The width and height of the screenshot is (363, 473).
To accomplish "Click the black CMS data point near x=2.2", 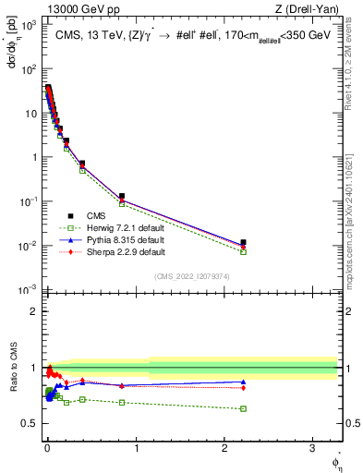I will pyautogui.click(x=243, y=243).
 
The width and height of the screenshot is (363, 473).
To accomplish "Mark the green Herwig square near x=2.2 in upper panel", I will pyautogui.click(x=243, y=251).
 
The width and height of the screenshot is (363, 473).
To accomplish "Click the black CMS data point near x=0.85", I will pyautogui.click(x=122, y=196).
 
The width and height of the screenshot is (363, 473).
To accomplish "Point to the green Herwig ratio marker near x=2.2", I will pyautogui.click(x=243, y=408).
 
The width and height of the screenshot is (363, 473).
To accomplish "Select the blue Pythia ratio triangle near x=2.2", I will pyautogui.click(x=243, y=382).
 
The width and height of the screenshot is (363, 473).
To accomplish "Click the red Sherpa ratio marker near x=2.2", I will pyautogui.click(x=243, y=388).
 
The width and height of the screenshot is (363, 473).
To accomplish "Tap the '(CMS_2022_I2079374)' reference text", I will pyautogui.click(x=190, y=276).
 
